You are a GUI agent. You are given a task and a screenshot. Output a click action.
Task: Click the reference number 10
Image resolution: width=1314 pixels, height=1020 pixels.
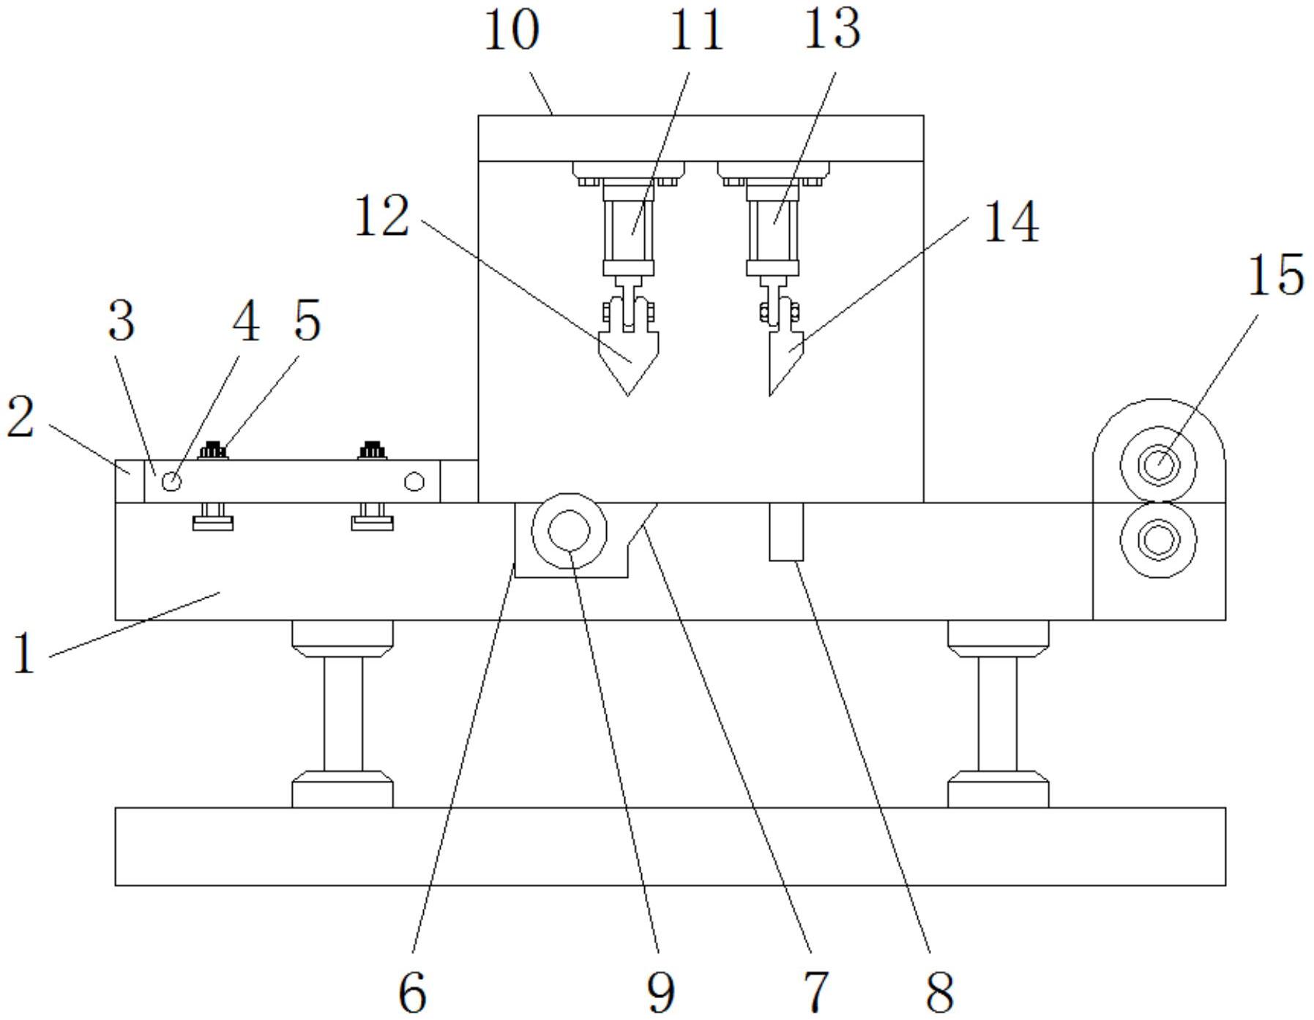[512, 31]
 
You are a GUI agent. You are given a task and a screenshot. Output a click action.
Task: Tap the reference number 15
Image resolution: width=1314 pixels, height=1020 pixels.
[1275, 275]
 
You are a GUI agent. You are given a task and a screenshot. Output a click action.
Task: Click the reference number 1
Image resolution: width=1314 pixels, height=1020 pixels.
[24, 653]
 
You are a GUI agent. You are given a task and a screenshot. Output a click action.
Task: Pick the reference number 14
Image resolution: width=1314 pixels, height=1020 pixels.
[1010, 222]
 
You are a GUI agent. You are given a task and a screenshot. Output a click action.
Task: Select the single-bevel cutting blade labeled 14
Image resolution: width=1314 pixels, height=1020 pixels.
[783, 359]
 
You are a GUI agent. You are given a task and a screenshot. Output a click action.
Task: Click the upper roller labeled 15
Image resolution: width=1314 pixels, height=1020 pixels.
[1158, 465]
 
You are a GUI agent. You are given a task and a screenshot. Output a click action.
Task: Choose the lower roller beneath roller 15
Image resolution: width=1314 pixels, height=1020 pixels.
[1158, 541]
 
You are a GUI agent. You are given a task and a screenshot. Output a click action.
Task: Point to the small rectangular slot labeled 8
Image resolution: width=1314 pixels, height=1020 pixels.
[786, 531]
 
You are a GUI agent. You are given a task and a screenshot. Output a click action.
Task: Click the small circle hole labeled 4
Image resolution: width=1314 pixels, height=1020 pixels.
[171, 481]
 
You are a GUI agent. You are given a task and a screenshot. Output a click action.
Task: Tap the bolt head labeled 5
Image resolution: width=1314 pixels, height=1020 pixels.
[213, 450]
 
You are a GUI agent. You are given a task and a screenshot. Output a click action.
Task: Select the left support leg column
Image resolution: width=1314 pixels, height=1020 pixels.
[343, 713]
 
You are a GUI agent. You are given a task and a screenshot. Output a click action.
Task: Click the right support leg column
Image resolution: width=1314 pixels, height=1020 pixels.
[998, 713]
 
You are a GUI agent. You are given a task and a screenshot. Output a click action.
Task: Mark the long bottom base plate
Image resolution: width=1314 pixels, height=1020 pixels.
[670, 847]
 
